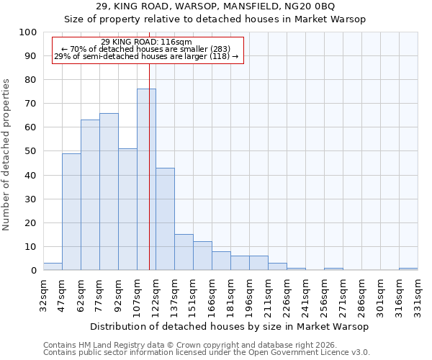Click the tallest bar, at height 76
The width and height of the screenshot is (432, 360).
[146, 179]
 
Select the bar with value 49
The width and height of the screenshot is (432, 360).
[71, 212]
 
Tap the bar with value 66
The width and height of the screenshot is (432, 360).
[109, 192]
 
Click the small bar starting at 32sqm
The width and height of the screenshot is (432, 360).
[53, 266]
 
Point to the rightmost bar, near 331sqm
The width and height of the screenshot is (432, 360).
[408, 269]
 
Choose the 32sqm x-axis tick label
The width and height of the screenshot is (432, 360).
[43, 294]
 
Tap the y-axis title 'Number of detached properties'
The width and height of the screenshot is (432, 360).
[7, 155]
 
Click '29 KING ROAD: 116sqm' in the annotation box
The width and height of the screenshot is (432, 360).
[147, 42]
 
